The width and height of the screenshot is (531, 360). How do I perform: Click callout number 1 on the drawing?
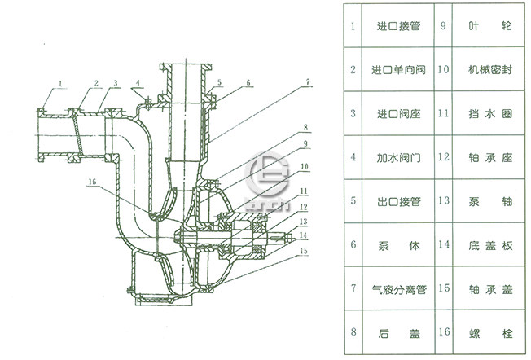61,83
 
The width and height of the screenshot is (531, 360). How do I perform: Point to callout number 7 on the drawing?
309,82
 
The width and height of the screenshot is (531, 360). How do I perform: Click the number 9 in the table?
443,26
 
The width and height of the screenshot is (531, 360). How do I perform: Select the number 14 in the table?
443,244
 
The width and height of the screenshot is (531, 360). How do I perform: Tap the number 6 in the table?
353,244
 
